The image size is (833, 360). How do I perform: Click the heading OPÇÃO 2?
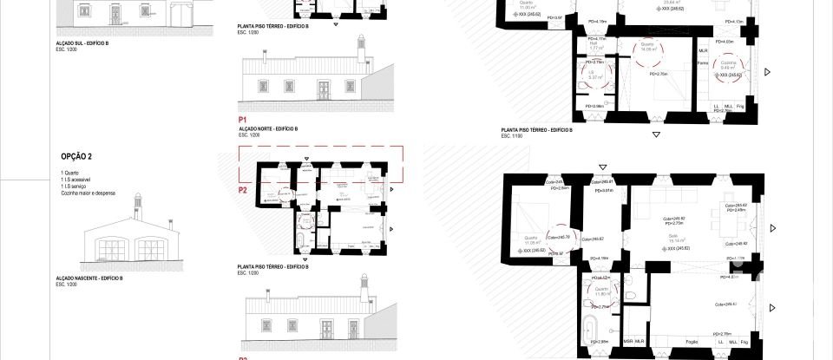(x=76, y=157)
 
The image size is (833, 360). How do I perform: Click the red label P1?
(x=243, y=119)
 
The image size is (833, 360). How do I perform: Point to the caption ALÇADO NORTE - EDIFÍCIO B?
(x=268, y=128)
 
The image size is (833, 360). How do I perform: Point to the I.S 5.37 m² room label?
(x=594, y=76)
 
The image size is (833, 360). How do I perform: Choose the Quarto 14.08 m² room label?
(x=647, y=49)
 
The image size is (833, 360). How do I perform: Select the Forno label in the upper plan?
(x=703, y=62)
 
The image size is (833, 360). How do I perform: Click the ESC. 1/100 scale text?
(x=513, y=136)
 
